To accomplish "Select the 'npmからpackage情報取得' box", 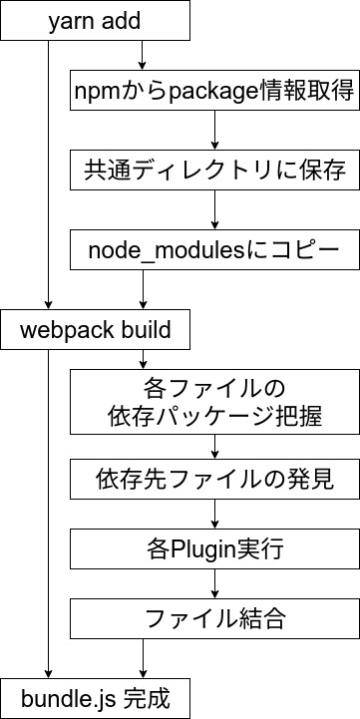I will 214,93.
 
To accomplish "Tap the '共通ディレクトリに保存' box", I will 214,171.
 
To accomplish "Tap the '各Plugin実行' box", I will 214,548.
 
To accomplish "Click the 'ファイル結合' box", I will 214,618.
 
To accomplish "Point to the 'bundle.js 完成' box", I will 95,694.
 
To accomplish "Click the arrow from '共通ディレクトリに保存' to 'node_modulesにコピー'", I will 214,210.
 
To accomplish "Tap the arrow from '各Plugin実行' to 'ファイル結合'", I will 214,583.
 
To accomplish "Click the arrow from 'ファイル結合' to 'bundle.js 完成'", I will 146,658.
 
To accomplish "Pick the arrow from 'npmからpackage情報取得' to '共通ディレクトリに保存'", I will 214,132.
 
